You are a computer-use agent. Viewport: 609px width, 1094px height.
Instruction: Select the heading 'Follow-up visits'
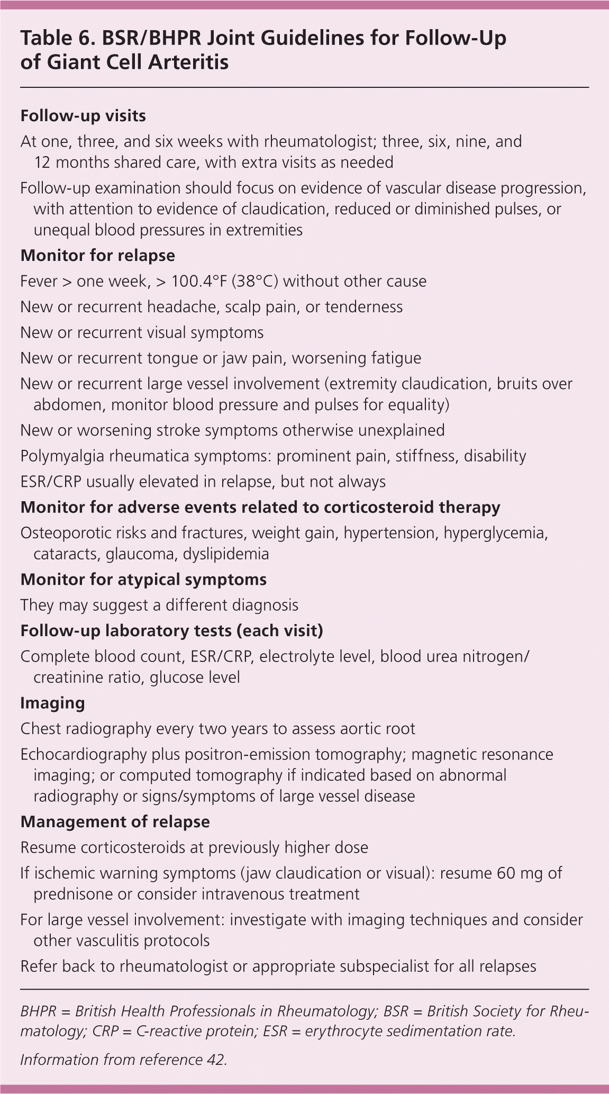[83, 116]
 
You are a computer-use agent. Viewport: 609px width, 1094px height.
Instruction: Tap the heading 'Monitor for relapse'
[97, 256]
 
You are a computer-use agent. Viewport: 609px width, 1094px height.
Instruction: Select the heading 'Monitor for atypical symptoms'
[143, 580]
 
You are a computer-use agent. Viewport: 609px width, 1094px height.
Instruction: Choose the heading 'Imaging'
[52, 703]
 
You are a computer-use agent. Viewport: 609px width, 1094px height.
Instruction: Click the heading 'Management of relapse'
[115, 822]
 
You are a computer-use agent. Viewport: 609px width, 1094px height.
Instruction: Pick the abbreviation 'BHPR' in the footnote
[38, 1011]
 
